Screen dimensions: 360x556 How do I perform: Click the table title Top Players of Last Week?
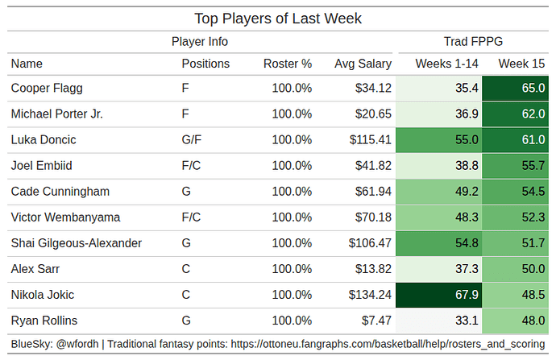tap(278, 18)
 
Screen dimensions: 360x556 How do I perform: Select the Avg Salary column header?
tap(363, 63)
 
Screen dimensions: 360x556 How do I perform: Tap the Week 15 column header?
tap(521, 63)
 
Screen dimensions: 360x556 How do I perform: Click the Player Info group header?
tap(199, 41)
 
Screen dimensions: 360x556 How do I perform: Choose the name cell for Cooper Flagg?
tap(47, 88)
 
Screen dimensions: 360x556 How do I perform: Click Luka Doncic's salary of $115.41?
tap(371, 139)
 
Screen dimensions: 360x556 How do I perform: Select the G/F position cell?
tap(192, 139)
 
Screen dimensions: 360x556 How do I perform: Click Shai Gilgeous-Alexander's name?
tap(77, 243)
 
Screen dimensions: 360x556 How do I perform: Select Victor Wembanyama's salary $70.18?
tap(374, 217)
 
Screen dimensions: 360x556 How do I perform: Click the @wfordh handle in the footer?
tap(78, 345)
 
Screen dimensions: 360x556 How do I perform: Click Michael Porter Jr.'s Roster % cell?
tap(292, 114)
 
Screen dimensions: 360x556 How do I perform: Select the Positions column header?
tap(205, 63)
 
